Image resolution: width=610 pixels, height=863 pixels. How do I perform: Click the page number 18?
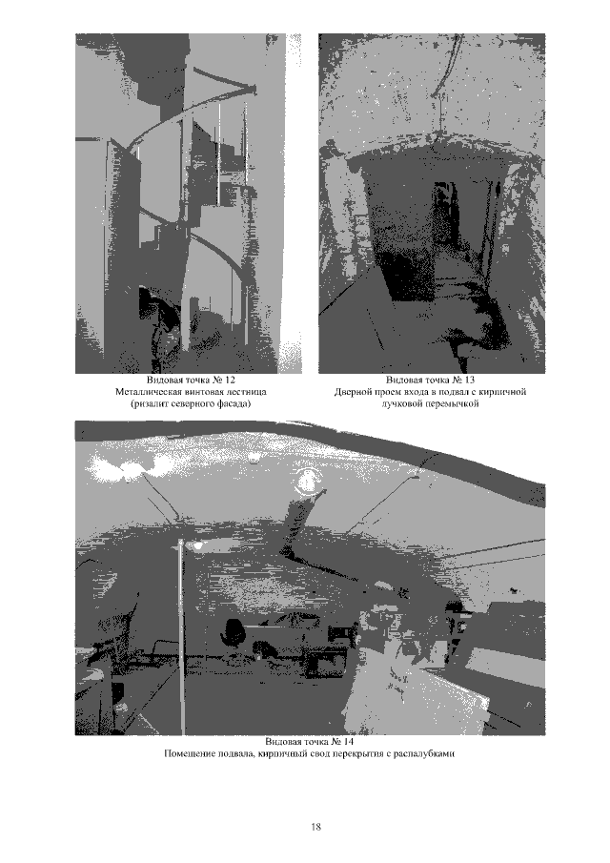pos(315,826)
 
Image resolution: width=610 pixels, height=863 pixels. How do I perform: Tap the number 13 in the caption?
pos(469,380)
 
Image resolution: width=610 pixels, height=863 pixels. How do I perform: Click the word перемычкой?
pos(455,404)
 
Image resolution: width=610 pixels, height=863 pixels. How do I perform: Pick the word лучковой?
pos(404,404)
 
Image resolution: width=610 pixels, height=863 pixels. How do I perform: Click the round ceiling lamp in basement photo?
pos(306,482)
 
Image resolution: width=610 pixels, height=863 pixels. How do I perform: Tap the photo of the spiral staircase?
pos(188,203)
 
